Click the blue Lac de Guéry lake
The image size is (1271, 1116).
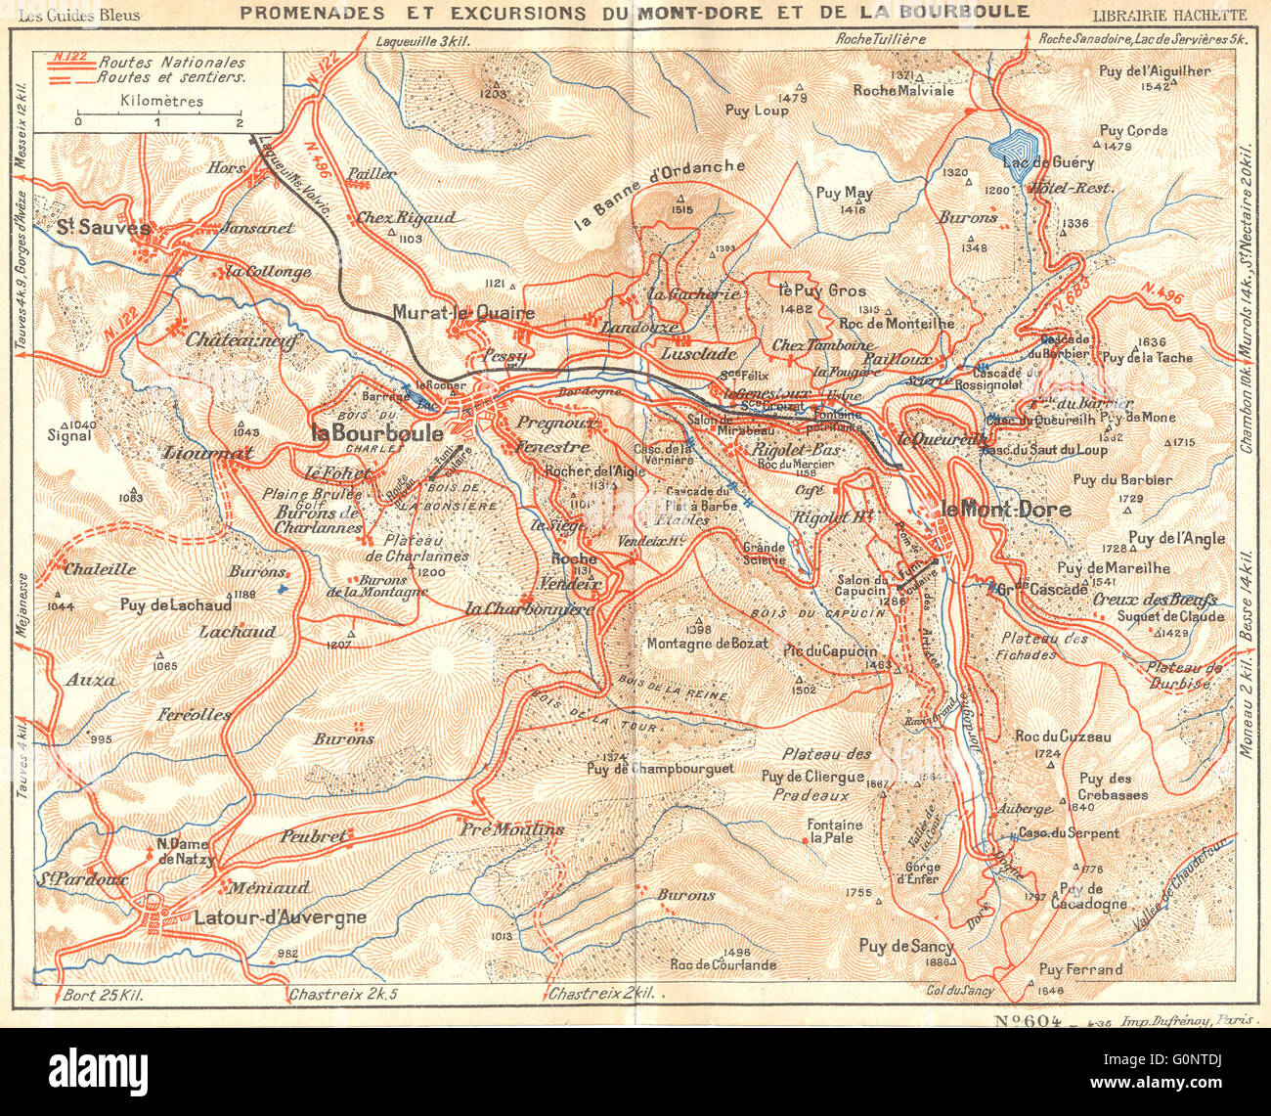click(x=1018, y=148)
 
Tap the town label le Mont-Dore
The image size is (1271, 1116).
click(x=1004, y=510)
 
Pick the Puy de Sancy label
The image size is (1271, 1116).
click(x=905, y=946)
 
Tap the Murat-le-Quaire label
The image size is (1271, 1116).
click(x=463, y=313)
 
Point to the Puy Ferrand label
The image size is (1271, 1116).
click(x=1080, y=969)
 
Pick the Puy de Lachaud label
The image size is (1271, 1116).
click(x=176, y=605)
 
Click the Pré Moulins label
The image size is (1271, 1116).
click(x=512, y=829)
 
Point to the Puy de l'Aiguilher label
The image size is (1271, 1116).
click(x=1155, y=70)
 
